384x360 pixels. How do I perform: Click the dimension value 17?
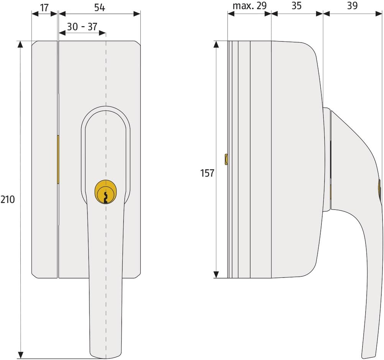[44, 7]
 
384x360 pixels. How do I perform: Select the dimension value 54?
[99, 7]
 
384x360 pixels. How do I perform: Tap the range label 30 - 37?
[82, 26]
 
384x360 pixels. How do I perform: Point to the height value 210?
[7, 199]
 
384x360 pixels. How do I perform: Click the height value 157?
[207, 173]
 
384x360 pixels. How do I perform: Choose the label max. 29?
[249, 6]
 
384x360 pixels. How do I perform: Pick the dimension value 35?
[297, 6]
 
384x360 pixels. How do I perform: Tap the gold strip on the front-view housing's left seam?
[58, 159]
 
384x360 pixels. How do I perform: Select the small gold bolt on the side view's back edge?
[226, 159]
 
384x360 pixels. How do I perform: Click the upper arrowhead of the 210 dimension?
[21, 44]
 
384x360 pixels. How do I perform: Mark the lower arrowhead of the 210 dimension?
[21, 355]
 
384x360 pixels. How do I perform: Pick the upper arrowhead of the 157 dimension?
[216, 44]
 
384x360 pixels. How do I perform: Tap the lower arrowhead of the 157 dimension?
[216, 274]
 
